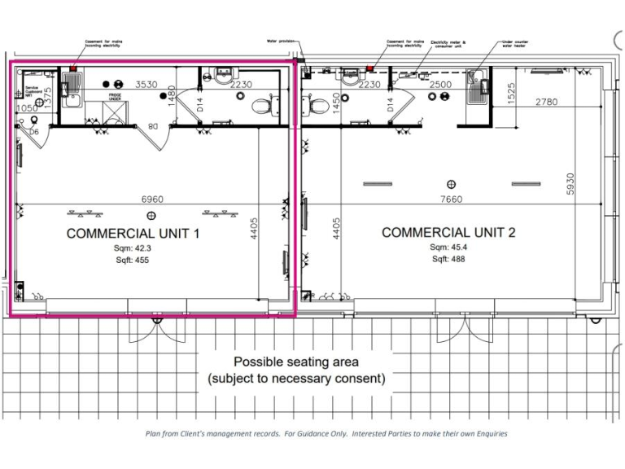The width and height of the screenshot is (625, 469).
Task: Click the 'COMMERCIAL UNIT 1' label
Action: coord(133,233)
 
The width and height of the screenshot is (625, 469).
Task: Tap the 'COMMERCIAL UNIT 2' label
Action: coord(448,232)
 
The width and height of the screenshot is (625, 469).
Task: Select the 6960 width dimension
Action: coord(152,199)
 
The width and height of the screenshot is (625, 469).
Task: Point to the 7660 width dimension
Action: coord(450,199)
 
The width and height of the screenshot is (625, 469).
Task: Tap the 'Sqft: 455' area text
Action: coord(133,261)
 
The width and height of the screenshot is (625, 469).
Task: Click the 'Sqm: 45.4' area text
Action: coord(449,246)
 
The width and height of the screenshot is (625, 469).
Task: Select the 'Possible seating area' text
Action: coord(296,362)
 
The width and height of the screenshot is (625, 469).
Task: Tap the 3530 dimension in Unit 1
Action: coord(146,84)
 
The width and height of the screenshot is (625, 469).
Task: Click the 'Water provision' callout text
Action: coord(279,40)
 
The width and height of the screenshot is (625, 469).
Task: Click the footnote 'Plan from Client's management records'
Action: coord(326,433)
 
